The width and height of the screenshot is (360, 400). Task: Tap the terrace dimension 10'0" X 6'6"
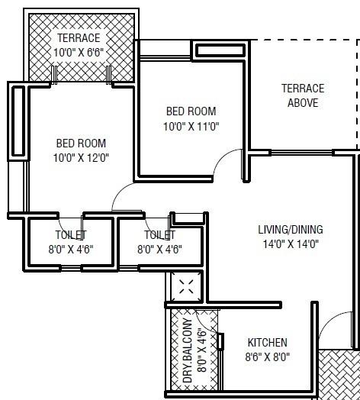click(79, 52)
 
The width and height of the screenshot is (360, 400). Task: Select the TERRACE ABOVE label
click(302, 95)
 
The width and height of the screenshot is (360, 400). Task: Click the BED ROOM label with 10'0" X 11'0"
click(191, 111)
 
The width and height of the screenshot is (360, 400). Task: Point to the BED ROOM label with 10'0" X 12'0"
click(81, 143)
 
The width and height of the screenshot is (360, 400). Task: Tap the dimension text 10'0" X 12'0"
click(82, 158)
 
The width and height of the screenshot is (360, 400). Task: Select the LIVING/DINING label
click(290, 229)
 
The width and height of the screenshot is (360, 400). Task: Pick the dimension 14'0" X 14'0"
click(290, 244)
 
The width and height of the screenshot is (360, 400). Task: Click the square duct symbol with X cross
click(185, 287)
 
